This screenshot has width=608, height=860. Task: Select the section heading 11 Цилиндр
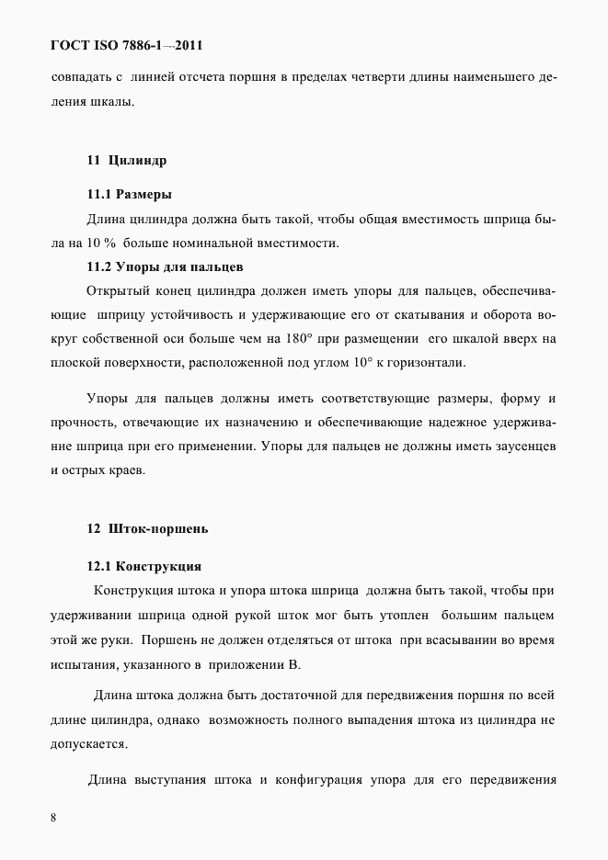(127, 160)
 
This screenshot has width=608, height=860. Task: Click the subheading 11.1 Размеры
(130, 195)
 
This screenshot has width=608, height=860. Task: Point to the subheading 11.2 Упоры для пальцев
(165, 267)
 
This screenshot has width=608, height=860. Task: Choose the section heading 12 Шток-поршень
(148, 529)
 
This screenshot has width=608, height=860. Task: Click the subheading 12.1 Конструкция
(144, 565)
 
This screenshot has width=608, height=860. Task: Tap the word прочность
(80, 424)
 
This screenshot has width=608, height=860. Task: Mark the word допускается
(90, 744)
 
